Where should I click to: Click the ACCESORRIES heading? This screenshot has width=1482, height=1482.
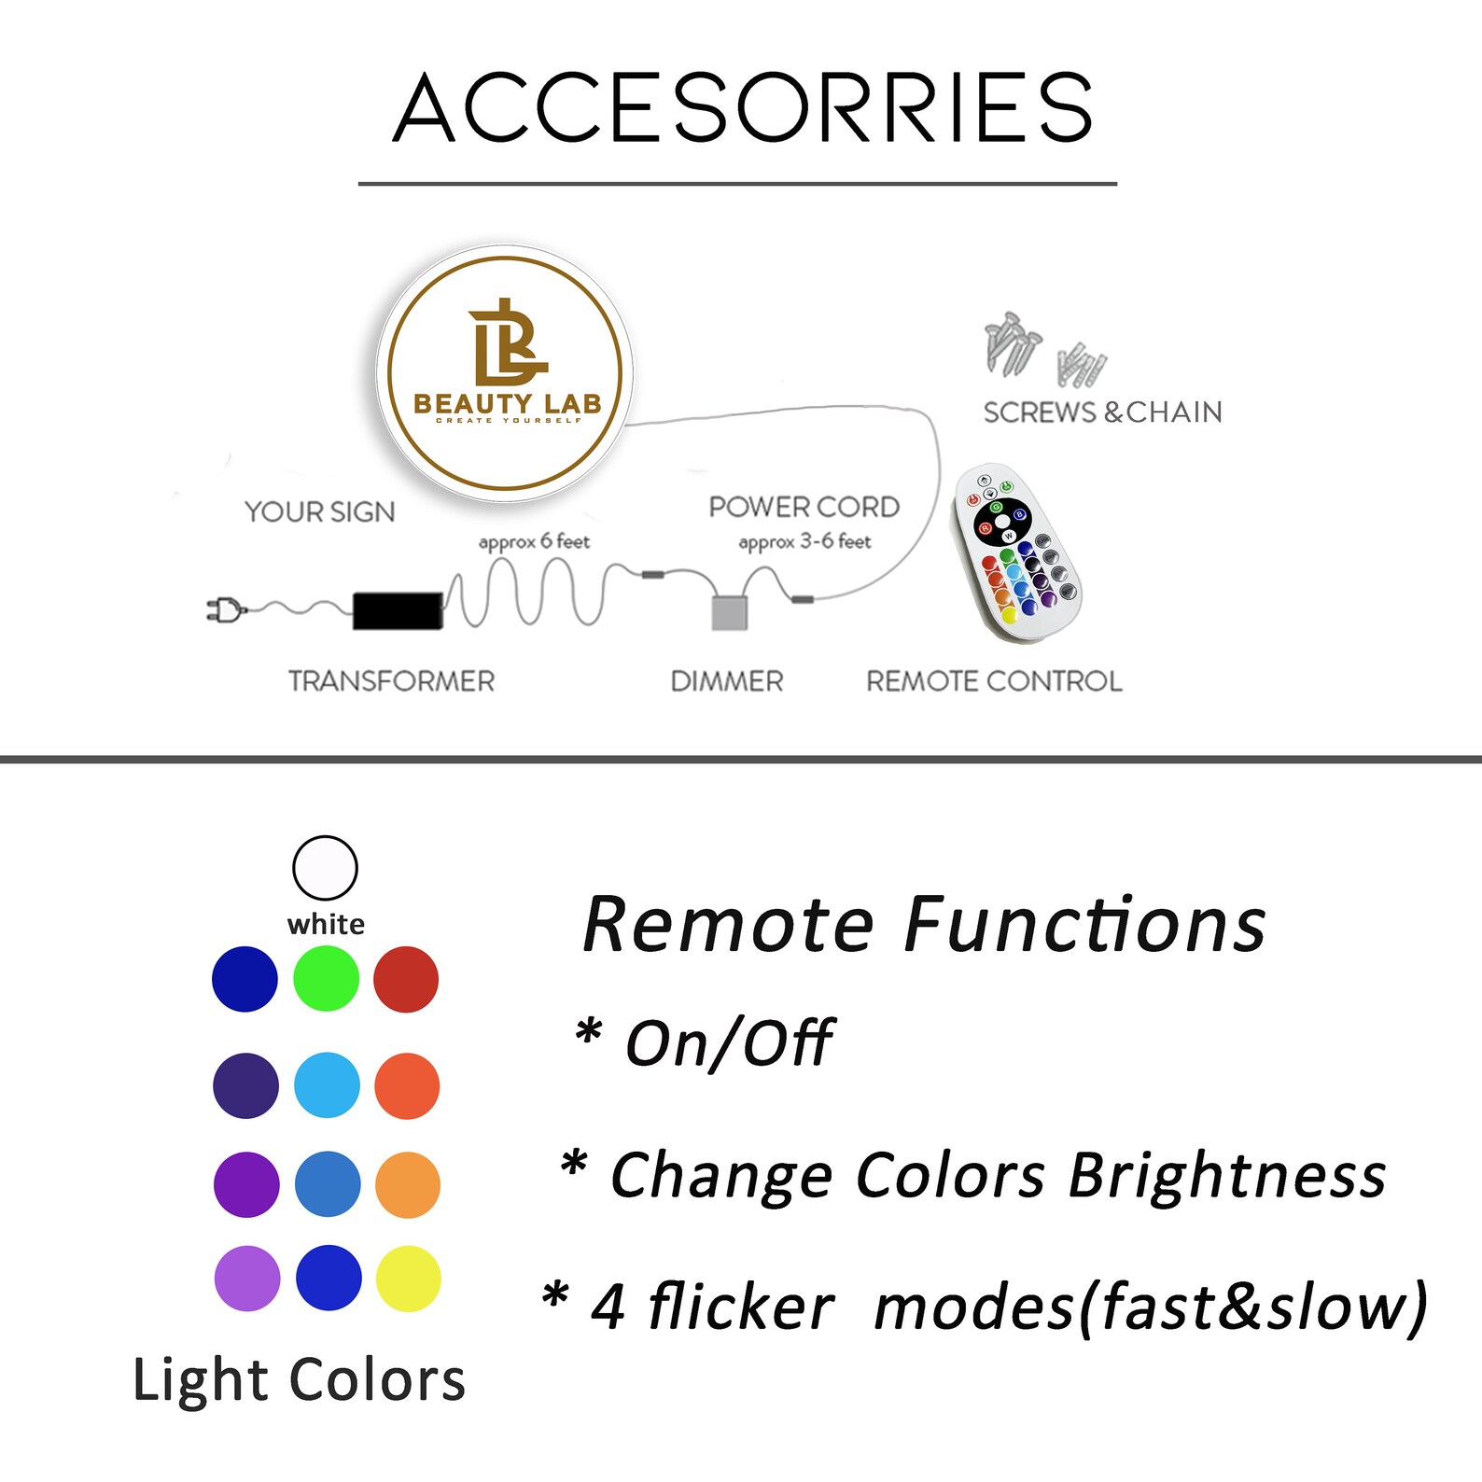[742, 108]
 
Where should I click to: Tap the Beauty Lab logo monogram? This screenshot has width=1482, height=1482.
[506, 343]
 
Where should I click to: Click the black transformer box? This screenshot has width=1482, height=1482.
[398, 610]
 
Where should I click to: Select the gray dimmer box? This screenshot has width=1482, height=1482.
[730, 612]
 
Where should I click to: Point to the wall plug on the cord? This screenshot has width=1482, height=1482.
[224, 610]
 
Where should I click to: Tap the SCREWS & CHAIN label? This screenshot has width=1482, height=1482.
[1102, 412]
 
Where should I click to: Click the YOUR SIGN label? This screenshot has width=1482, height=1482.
[319, 511]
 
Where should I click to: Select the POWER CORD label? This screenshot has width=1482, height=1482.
[804, 507]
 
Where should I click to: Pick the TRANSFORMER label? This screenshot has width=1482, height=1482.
[391, 681]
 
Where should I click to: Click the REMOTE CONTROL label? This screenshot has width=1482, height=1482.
[994, 681]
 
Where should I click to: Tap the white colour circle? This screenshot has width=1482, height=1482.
[325, 867]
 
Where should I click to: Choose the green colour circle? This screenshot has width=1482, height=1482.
[326, 979]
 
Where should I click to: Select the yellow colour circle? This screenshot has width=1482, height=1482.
[408, 1279]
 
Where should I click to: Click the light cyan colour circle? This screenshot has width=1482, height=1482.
[327, 1085]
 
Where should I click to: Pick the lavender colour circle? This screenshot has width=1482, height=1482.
[247, 1279]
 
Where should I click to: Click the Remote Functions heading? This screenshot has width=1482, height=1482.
[924, 925]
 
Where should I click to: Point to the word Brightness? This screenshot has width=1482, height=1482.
[1226, 1175]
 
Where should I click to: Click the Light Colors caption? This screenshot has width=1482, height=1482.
[299, 1379]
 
